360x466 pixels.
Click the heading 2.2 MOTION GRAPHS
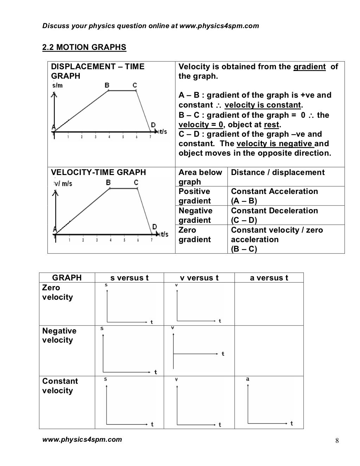pyautogui.click(x=84, y=47)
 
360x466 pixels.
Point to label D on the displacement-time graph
pyautogui.click(x=153, y=125)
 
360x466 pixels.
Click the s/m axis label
pyautogui.click(x=57, y=86)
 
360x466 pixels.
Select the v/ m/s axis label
pyautogui.click(x=63, y=183)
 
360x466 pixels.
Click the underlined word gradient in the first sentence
pyautogui.click(x=309, y=67)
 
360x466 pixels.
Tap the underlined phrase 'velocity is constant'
pyautogui.click(x=263, y=105)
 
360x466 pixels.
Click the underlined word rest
pyautogui.click(x=271, y=125)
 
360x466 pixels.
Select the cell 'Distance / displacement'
pyautogui.click(x=278, y=173)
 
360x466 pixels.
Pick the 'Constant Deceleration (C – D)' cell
pyautogui.click(x=274, y=215)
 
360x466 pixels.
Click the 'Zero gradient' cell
pyautogui.click(x=194, y=235)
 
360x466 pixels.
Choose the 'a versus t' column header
pyautogui.click(x=269, y=278)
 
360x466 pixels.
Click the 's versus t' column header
pyautogui.click(x=129, y=278)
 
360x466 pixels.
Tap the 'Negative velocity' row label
pyautogui.click(x=59, y=335)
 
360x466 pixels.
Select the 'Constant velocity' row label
pyautogui.click(x=60, y=386)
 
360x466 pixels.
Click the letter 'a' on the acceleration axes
pyautogui.click(x=247, y=379)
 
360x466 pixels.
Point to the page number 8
pyautogui.click(x=337, y=441)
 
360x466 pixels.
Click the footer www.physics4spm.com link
pyautogui.click(x=82, y=439)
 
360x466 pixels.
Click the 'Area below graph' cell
pyautogui.click(x=200, y=177)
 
